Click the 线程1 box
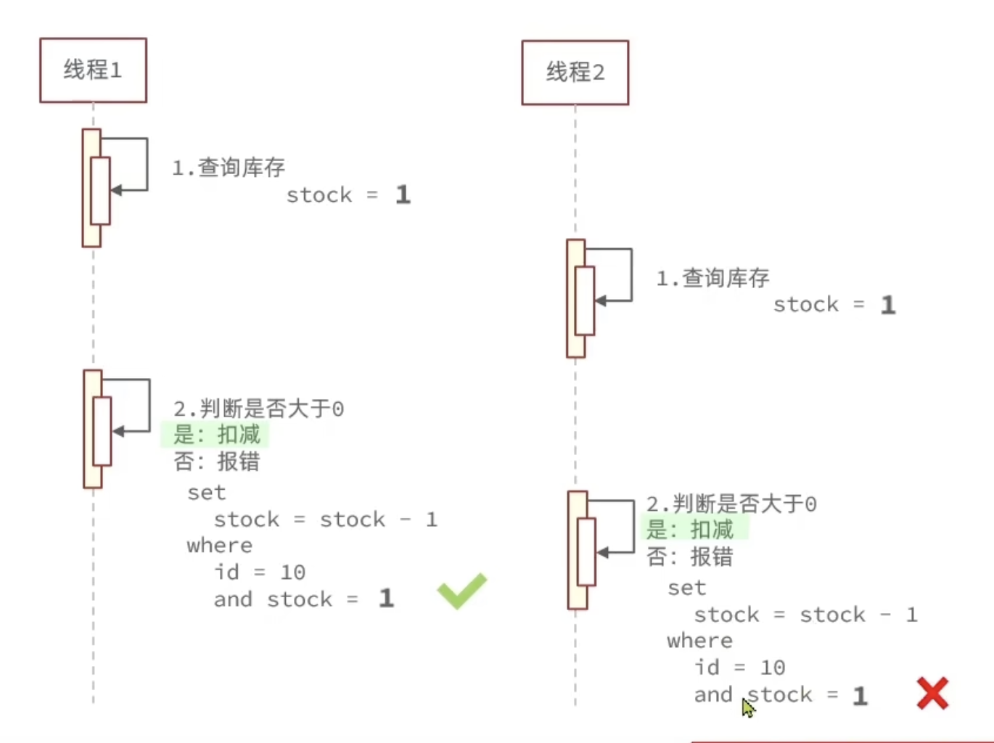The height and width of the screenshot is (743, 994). pos(93,70)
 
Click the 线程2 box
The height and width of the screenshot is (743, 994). pos(575,73)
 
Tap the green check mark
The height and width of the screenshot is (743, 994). pos(462,591)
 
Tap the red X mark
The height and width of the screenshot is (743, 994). pos(932,693)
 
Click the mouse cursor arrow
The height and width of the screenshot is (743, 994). pos(747,707)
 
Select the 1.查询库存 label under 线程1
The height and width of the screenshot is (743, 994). pos(229,168)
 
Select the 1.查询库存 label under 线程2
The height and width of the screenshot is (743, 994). pos(712,278)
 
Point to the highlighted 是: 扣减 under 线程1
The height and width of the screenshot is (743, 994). pos(216,435)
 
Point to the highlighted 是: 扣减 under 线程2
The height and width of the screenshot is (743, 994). pos(689,530)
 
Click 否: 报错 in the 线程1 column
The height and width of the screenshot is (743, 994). pos(216,461)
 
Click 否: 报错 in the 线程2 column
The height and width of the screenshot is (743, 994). pos(689,557)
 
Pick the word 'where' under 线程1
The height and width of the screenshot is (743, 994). pos(219,546)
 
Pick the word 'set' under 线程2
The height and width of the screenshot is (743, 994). pos(686,588)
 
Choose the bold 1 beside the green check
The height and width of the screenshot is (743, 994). pos(386,599)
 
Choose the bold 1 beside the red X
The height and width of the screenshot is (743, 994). pos(860,696)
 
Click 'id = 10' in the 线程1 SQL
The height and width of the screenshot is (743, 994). pos(260,572)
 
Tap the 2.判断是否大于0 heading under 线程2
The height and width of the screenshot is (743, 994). pos(731,504)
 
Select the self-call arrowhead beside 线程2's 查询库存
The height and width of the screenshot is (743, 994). pos(600,300)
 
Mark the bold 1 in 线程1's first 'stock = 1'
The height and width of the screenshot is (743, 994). pos(403,194)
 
